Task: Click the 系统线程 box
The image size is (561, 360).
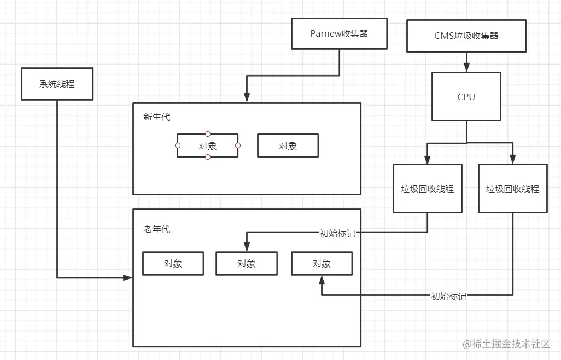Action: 57,84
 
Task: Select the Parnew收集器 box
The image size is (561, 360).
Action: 339,33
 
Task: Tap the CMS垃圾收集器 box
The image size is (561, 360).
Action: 466,36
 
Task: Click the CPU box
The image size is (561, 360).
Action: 466,97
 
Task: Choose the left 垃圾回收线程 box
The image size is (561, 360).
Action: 427,189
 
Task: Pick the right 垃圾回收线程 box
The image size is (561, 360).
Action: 512,189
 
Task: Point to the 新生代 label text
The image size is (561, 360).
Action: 157,117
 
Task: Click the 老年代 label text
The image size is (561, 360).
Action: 157,229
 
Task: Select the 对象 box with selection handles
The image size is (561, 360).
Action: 207,146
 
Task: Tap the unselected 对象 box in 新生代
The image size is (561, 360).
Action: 288,146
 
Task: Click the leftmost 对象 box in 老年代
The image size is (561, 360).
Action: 173,263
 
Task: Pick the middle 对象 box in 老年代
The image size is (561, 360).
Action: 247,263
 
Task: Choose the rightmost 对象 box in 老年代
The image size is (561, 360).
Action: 322,263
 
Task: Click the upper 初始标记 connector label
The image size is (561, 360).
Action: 337,233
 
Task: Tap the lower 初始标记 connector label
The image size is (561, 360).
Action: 448,296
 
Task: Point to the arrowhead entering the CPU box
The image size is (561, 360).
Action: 466,68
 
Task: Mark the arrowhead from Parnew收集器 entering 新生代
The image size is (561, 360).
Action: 247,98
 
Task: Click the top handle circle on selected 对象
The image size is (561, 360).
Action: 207,133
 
